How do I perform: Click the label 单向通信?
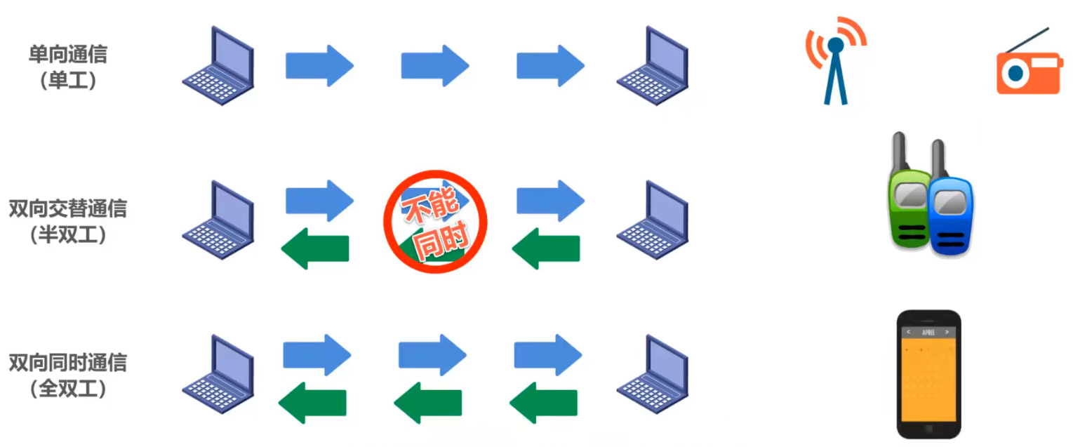[68, 54]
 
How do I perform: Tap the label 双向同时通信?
[68, 363]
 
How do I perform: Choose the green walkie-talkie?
[909, 200]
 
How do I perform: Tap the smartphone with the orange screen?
[928, 374]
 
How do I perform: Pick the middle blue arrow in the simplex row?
[434, 66]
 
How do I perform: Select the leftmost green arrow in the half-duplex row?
[315, 248]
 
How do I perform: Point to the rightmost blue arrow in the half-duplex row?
[550, 201]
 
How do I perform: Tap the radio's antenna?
[1027, 40]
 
